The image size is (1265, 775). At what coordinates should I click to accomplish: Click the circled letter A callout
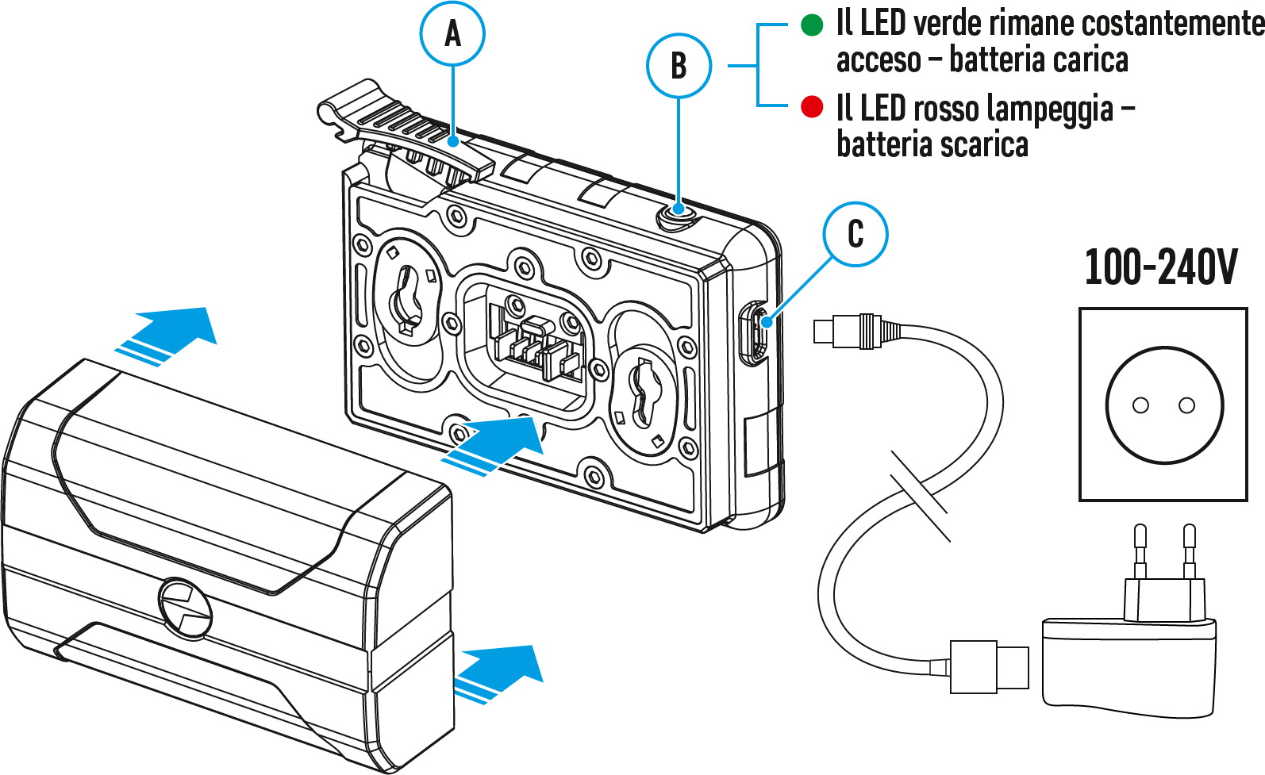click(452, 33)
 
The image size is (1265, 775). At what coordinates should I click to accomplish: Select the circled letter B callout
click(679, 66)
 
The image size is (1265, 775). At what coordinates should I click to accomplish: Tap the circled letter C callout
click(856, 234)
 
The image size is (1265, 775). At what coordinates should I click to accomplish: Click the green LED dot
click(812, 25)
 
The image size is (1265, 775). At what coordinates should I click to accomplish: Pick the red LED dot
click(812, 107)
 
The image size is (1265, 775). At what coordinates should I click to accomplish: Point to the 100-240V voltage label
click(1161, 267)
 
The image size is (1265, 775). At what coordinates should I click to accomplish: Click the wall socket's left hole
click(1140, 405)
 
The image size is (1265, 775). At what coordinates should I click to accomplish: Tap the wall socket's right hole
click(1187, 405)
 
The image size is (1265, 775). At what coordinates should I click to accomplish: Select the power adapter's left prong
click(1140, 551)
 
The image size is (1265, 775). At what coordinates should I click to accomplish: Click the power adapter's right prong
click(1189, 551)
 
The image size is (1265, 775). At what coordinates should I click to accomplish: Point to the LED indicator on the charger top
click(679, 211)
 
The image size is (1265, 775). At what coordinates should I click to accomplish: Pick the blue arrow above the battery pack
click(166, 336)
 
